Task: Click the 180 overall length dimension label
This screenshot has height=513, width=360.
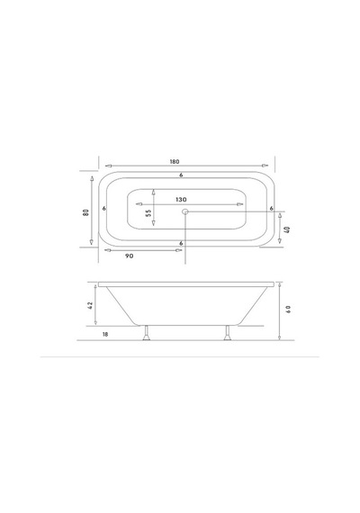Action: point(175,162)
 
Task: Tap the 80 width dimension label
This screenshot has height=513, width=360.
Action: point(86,212)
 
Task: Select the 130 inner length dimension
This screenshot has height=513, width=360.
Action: point(181,199)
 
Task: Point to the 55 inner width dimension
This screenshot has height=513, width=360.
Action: point(148,213)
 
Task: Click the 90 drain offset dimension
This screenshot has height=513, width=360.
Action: point(130,256)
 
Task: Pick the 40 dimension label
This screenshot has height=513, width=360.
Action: point(288,229)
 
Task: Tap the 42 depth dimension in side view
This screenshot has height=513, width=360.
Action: point(91,305)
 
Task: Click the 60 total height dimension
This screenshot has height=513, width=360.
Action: point(288,310)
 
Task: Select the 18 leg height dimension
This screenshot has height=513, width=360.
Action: point(105,335)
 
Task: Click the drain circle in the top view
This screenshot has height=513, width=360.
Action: point(185,211)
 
